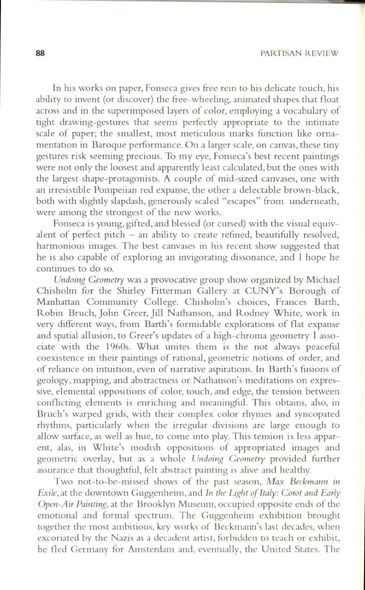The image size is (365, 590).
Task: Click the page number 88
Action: pyautogui.click(x=40, y=53)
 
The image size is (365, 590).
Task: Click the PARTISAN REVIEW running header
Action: pyautogui.click(x=299, y=54)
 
